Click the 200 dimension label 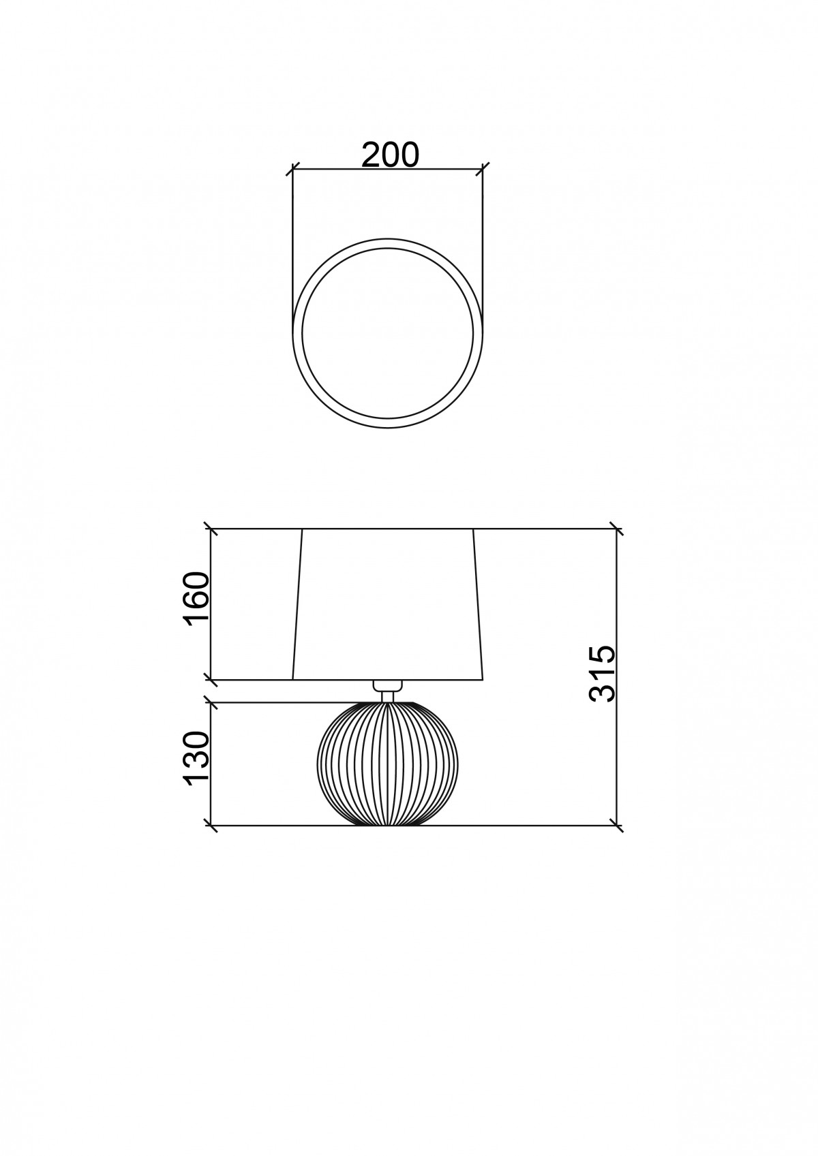[x=390, y=155]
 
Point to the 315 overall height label [x=603, y=673]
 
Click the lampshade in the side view [x=387, y=604]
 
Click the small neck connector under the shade [x=387, y=686]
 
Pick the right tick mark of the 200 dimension [x=483, y=169]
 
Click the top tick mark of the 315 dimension [x=616, y=529]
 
